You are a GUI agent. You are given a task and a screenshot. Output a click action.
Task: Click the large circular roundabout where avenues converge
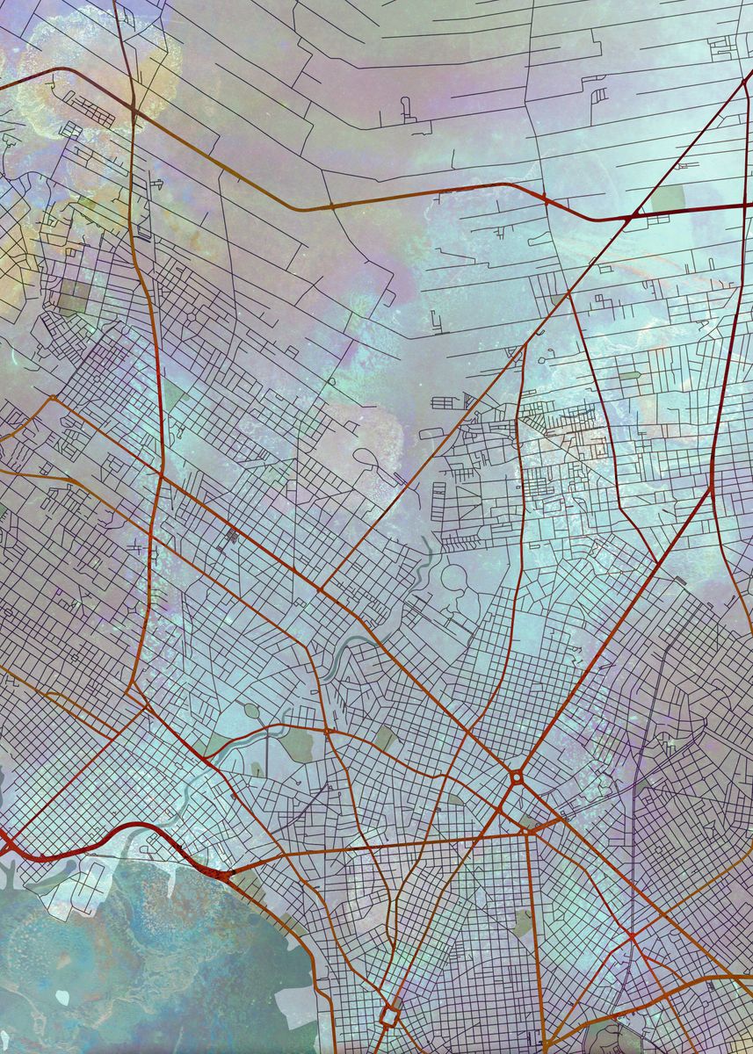[516, 776]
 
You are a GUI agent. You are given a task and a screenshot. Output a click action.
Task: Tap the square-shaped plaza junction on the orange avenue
[389, 1016]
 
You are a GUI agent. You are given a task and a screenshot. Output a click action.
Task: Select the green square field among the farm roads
[667, 199]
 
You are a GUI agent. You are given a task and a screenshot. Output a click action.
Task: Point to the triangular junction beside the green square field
[634, 214]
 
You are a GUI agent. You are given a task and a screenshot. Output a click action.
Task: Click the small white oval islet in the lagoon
[62, 998]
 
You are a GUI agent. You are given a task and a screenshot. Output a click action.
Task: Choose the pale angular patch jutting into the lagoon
[294, 1001]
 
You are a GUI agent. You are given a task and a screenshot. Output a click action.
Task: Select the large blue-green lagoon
[132, 957]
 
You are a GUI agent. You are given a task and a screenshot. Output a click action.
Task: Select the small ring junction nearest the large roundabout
[328, 729]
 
